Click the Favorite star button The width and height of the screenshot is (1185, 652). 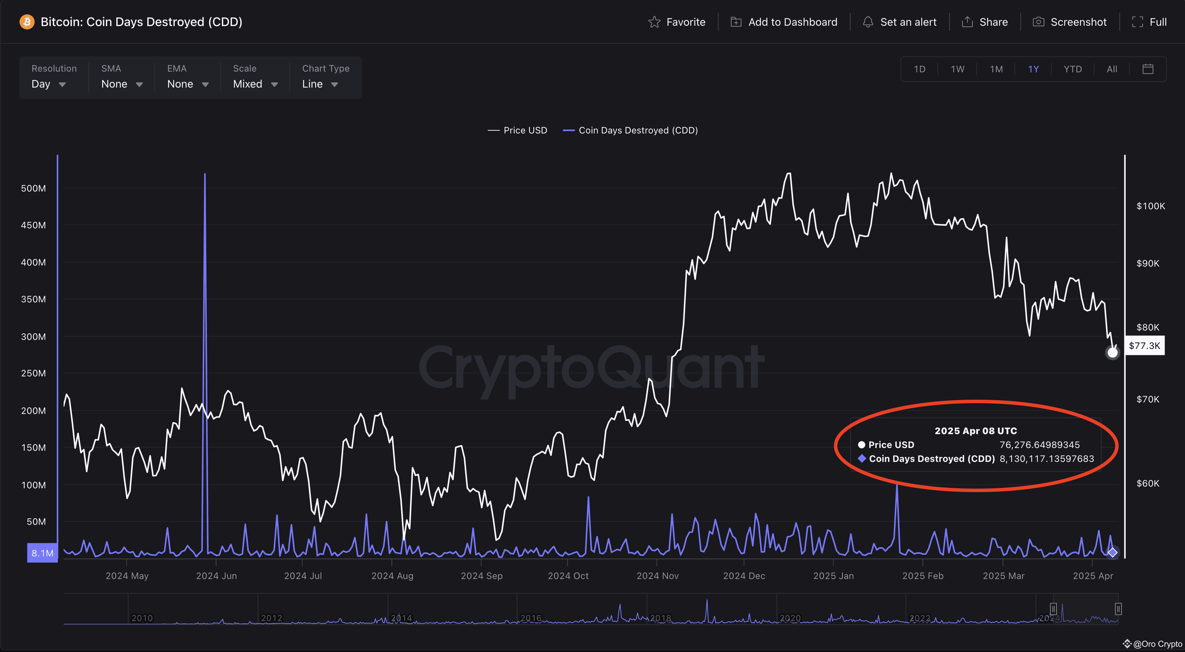tap(677, 22)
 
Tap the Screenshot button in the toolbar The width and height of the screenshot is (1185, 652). tap(1070, 22)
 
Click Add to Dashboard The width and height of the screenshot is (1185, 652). tap(784, 22)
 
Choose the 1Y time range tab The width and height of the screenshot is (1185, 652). tap(1033, 69)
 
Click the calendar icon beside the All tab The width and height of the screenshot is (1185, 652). tap(1148, 69)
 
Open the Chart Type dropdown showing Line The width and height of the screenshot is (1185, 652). tap(325, 78)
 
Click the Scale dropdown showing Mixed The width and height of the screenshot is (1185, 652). tap(255, 78)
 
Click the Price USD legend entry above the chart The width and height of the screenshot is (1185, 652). tap(517, 130)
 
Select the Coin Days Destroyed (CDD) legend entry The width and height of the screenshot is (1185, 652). tap(630, 130)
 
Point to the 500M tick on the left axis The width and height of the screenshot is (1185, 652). tap(34, 188)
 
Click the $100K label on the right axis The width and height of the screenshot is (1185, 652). tap(1151, 206)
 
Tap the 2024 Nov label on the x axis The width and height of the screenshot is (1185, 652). tap(657, 576)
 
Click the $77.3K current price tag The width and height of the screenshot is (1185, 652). tap(1144, 346)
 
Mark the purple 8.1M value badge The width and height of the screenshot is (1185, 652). tap(42, 553)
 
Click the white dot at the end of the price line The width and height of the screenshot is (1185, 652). tap(1112, 353)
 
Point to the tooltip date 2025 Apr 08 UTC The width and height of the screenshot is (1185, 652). tap(976, 431)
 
